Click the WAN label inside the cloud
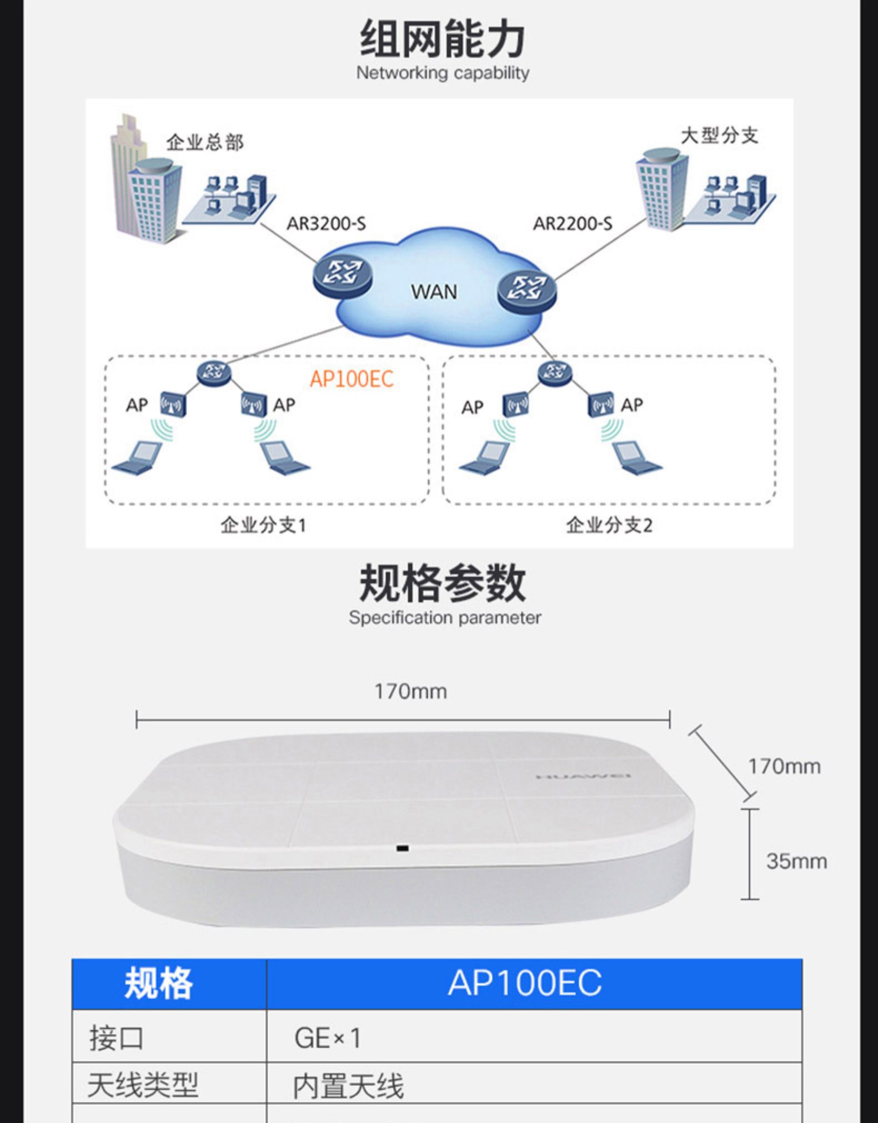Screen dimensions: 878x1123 [434, 291]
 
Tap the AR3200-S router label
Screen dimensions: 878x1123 [326, 224]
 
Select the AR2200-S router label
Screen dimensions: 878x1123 [573, 224]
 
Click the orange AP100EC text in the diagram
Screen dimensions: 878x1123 [352, 379]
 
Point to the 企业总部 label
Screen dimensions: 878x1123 [205, 142]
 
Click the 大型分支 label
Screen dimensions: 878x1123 [719, 135]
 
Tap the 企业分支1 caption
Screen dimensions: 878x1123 [263, 525]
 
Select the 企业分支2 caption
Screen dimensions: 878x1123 [609, 525]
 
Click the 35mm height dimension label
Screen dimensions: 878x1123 [796, 861]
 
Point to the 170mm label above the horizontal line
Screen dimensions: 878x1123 [410, 691]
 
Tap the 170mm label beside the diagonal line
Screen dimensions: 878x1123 [784, 766]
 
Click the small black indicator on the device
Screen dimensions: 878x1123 [403, 848]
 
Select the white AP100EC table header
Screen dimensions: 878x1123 [525, 983]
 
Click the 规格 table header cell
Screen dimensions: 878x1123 [158, 983]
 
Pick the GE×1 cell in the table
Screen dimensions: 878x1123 [328, 1038]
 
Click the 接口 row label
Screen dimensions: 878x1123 [117, 1038]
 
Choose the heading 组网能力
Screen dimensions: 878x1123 [443, 38]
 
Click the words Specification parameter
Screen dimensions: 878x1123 [445, 618]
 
